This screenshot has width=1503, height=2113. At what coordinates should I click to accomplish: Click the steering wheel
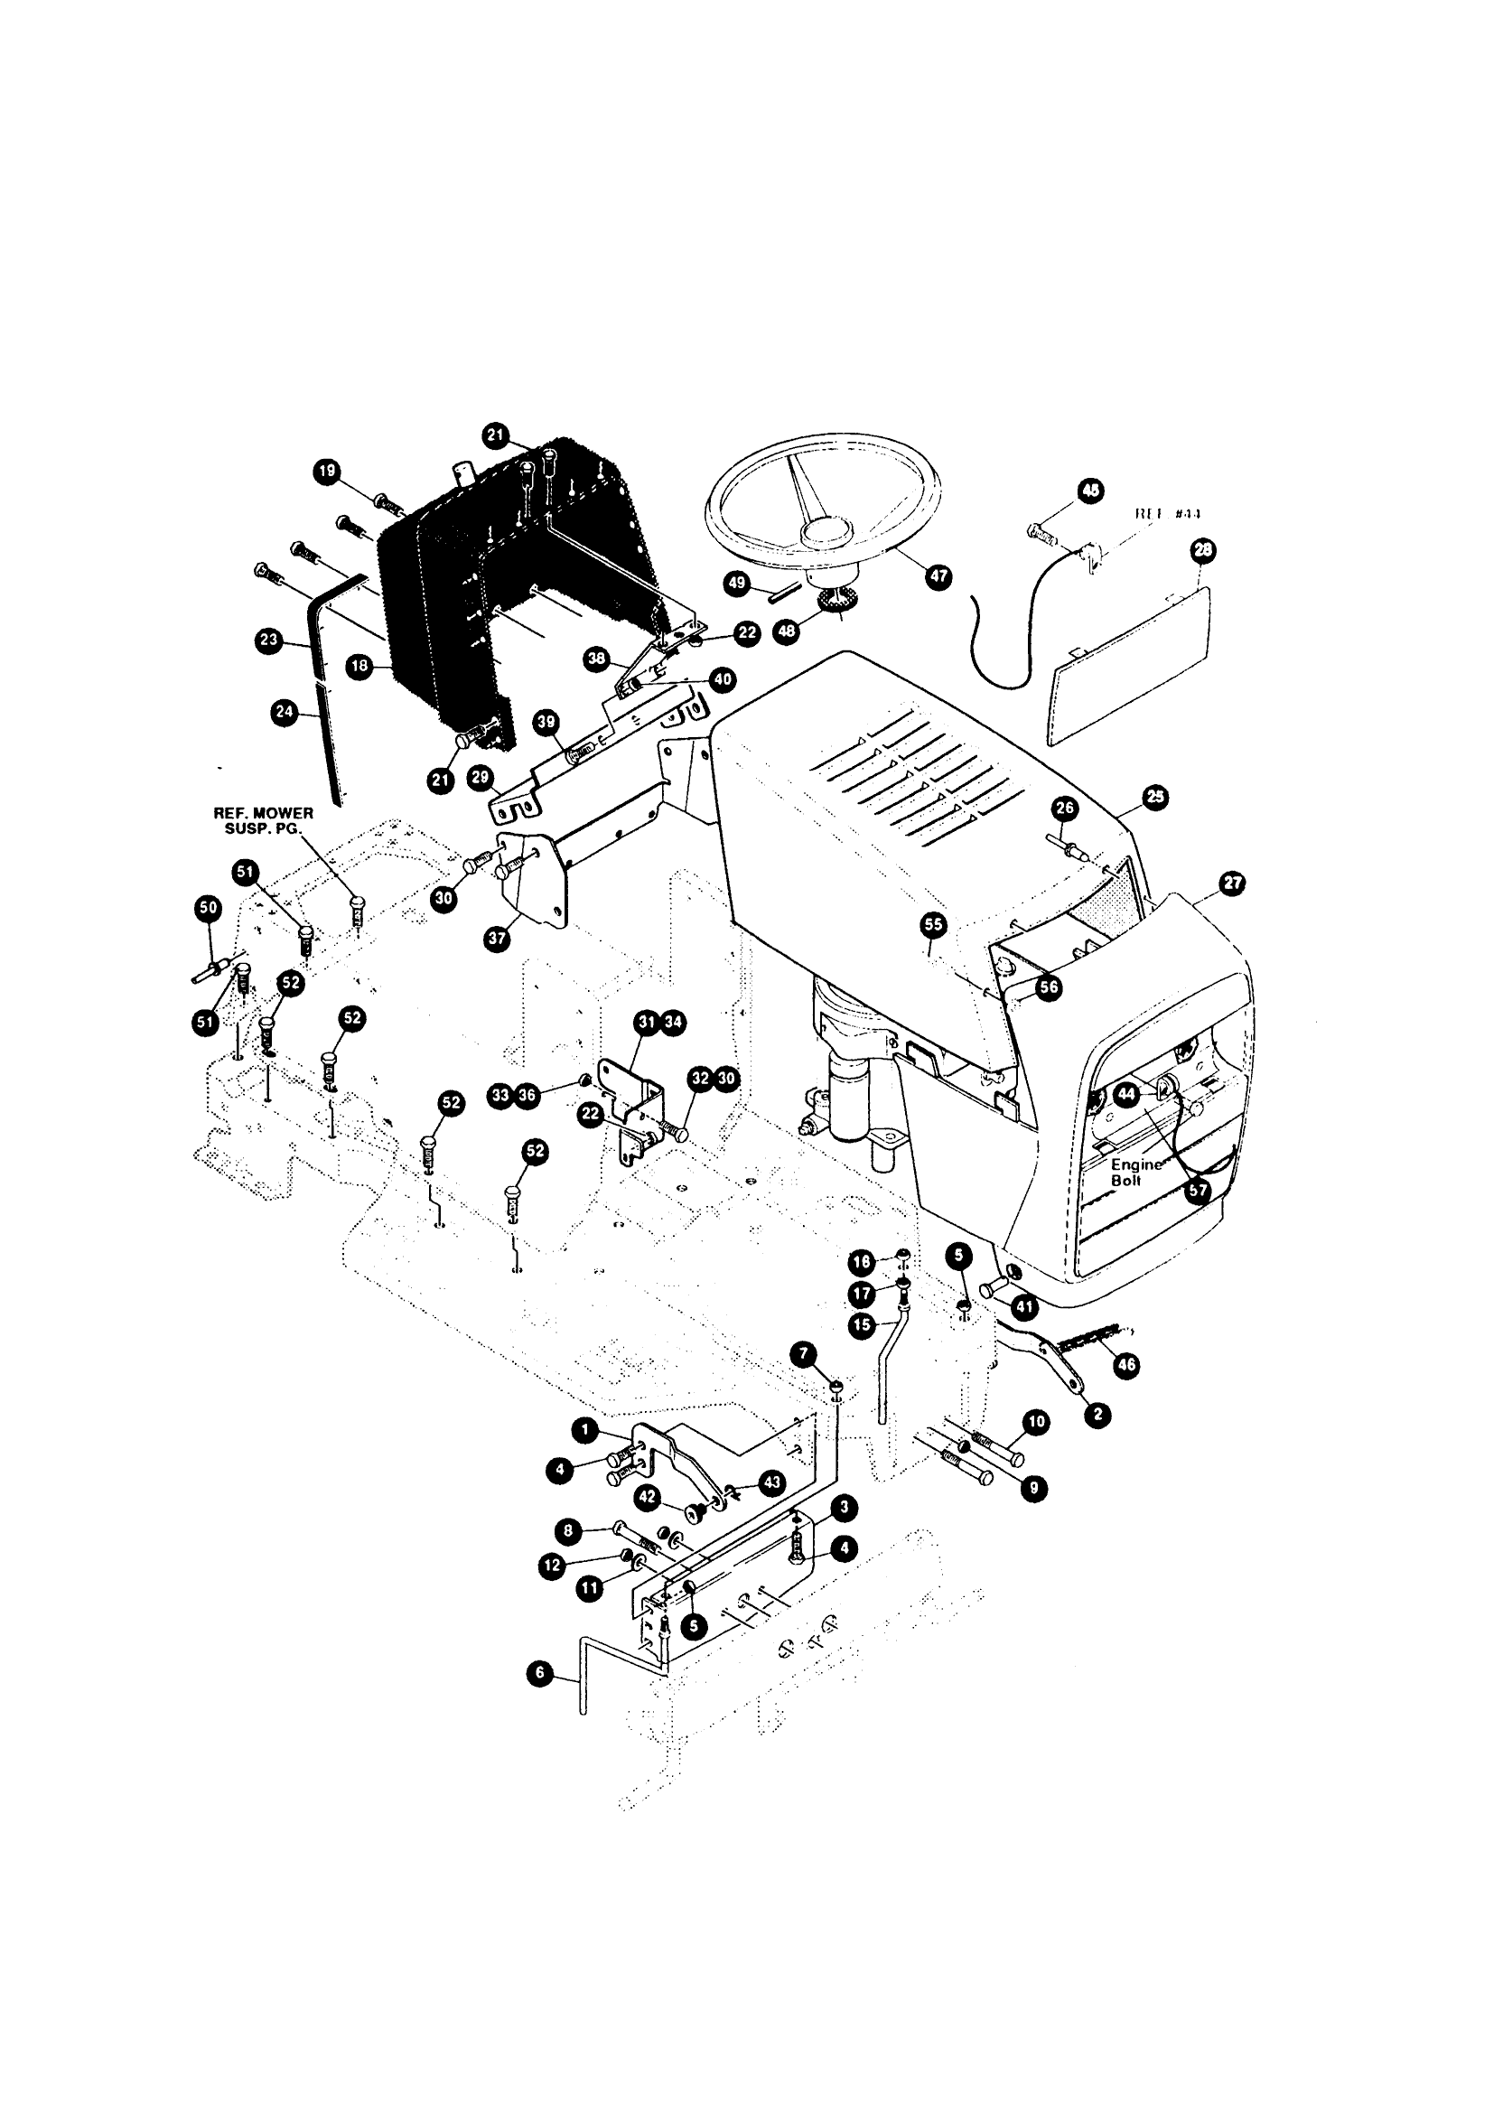[824, 505]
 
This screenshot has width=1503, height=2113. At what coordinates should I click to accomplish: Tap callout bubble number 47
[938, 576]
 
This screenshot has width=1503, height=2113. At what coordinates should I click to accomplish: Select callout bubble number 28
[1203, 552]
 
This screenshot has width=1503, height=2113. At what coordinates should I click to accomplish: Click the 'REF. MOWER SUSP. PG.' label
[264, 820]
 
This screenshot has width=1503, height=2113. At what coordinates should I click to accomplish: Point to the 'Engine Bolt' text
[1134, 1173]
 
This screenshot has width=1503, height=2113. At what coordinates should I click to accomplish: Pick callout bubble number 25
[1156, 797]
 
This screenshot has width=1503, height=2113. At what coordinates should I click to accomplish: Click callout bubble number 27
[1233, 883]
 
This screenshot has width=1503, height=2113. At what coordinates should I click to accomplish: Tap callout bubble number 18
[360, 667]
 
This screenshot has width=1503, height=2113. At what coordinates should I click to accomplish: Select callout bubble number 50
[209, 908]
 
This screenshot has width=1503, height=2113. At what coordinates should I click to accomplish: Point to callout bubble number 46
[1126, 1365]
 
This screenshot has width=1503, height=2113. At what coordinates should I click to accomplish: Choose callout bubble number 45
[1092, 491]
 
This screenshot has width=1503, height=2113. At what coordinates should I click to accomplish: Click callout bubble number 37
[497, 940]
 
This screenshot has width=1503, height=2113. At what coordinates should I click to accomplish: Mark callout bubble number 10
[1036, 1422]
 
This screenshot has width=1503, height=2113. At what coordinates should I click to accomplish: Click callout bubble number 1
[584, 1430]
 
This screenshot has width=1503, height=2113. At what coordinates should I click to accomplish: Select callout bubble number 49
[737, 583]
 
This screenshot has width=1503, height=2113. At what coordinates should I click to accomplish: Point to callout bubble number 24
[285, 712]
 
